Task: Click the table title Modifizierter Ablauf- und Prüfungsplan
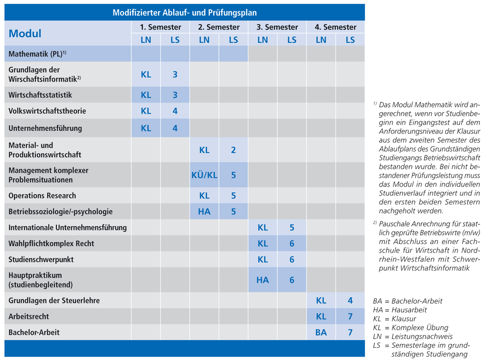click(x=185, y=13)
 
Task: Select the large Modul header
click(x=25, y=33)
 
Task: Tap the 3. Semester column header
click(x=277, y=27)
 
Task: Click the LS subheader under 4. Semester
click(x=350, y=40)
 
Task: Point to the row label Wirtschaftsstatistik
click(x=40, y=95)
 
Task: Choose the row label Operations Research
click(x=42, y=196)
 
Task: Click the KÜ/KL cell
click(x=204, y=175)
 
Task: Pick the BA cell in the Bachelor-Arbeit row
click(x=321, y=332)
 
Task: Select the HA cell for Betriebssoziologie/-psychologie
click(x=204, y=212)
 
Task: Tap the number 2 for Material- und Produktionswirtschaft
click(x=233, y=150)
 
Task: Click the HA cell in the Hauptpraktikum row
click(x=262, y=280)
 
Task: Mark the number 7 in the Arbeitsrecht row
click(x=350, y=316)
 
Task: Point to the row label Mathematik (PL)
click(x=37, y=54)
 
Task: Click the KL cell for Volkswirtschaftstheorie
click(x=146, y=111)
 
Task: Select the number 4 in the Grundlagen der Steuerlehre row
click(x=350, y=300)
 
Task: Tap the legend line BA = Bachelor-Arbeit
click(x=407, y=301)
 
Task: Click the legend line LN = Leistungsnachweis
click(x=413, y=336)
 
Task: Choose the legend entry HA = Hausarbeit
click(x=400, y=310)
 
